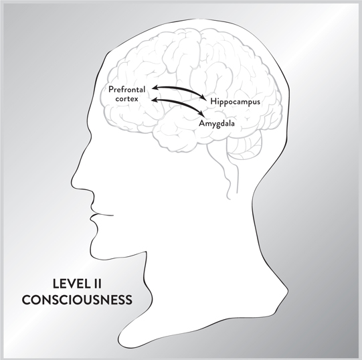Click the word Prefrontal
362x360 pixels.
point(126,90)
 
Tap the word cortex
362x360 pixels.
point(126,98)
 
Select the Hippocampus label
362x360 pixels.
point(235,102)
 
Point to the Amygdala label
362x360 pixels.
point(217,124)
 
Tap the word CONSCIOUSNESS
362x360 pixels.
point(77,300)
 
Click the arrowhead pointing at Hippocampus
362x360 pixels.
point(203,98)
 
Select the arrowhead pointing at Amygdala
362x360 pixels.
point(201,114)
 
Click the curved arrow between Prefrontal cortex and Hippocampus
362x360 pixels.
point(179,89)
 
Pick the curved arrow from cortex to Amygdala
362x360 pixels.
point(177,103)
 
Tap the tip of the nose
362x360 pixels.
point(74,185)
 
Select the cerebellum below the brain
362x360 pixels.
point(245,146)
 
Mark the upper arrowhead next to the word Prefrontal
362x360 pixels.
point(155,87)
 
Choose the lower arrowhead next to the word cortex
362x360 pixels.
point(155,100)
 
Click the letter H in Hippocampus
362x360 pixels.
point(213,101)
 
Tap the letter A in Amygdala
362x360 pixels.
point(202,123)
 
